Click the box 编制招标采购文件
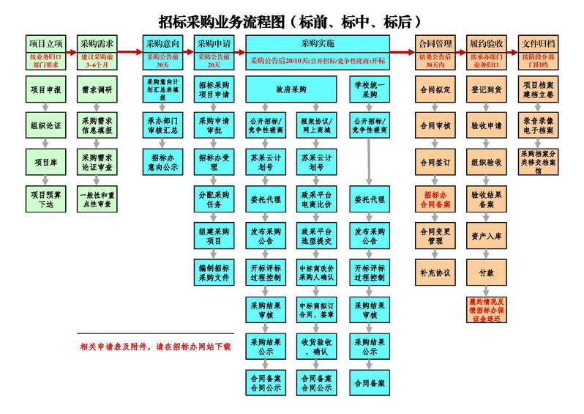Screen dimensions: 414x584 pos(214,271)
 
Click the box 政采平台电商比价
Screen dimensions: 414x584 pos(316,199)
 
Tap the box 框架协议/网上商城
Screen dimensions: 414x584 pos(316,125)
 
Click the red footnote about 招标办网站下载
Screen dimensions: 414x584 pos(155,346)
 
